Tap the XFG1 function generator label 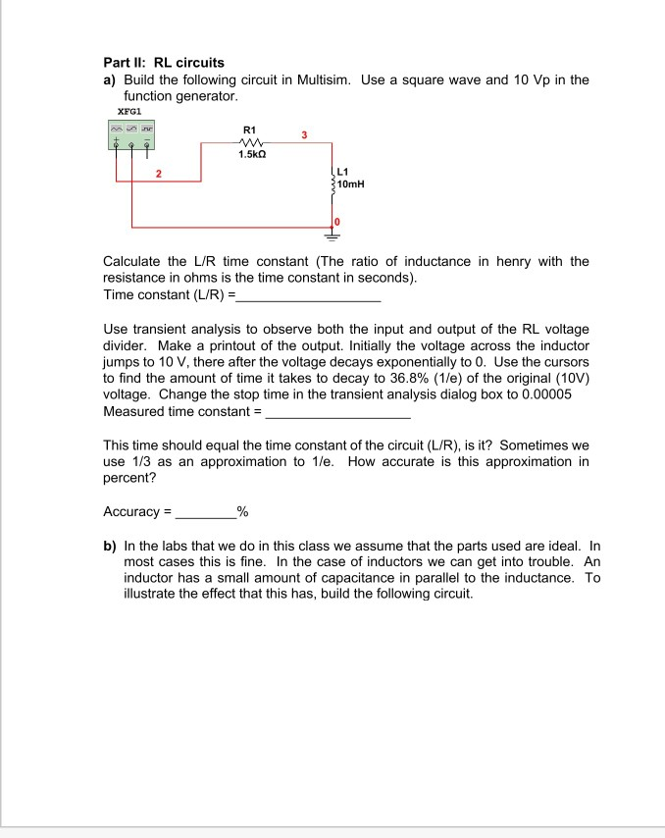(118, 113)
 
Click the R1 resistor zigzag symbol (249, 141)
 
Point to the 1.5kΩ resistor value (250, 155)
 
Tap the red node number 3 (304, 134)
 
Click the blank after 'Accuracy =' (205, 512)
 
